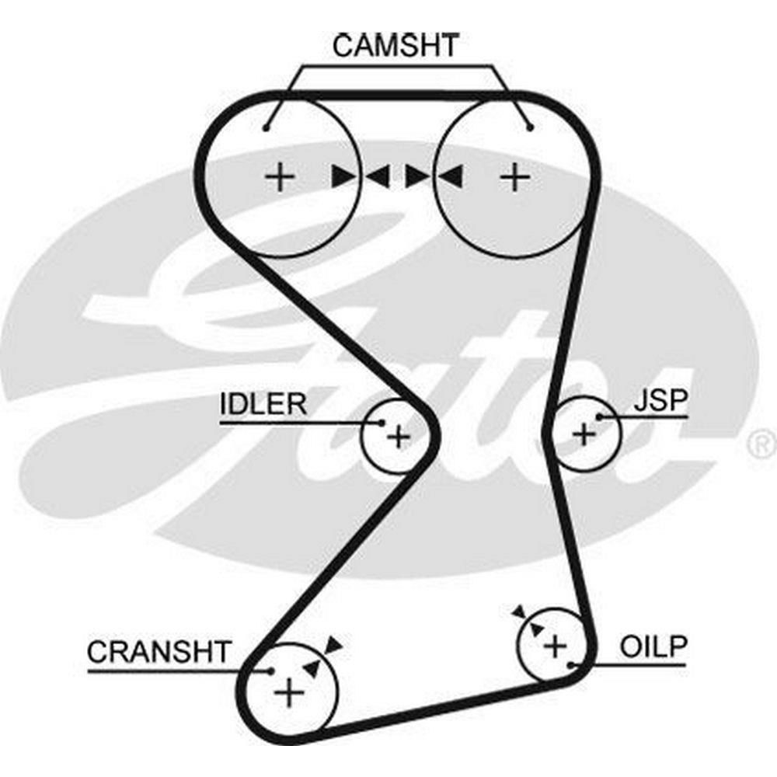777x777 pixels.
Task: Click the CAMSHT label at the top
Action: [396, 45]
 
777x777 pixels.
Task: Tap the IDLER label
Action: [263, 404]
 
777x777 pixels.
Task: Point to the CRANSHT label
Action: [159, 652]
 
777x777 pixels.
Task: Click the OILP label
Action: [653, 648]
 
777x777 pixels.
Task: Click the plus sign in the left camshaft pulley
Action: [280, 178]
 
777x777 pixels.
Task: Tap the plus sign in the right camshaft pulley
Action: [514, 178]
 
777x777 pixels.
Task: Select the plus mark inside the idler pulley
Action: [398, 437]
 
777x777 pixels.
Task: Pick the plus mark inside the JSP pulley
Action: [584, 434]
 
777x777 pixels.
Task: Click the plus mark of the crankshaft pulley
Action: [289, 691]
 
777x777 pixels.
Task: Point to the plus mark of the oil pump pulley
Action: [555, 644]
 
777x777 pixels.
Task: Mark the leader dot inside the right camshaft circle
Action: [529, 127]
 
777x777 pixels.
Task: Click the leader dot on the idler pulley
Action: [382, 423]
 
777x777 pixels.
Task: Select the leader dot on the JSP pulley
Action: [599, 417]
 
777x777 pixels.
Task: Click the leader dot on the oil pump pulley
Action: [572, 665]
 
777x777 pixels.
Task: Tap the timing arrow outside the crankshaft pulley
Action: [334, 643]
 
